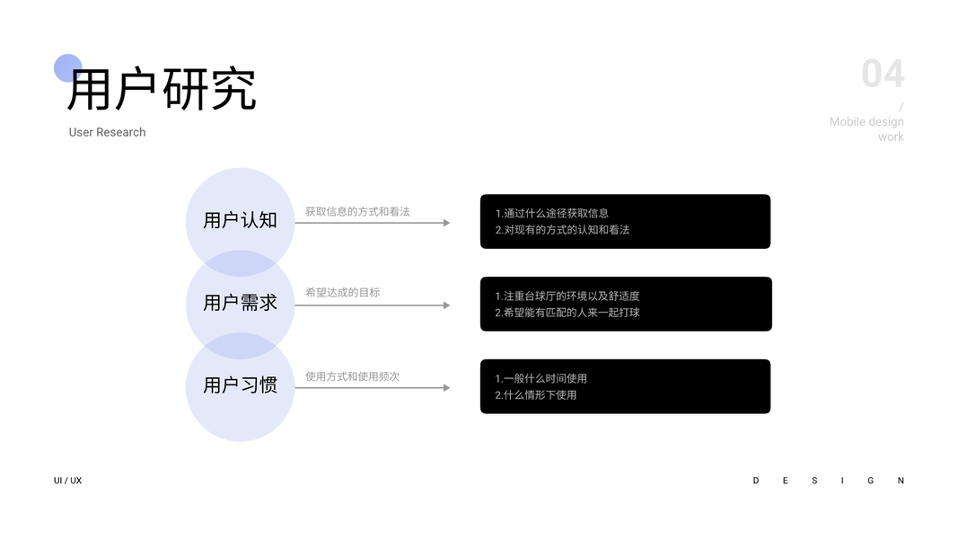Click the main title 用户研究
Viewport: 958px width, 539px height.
[162, 89]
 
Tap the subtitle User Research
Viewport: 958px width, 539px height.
[107, 132]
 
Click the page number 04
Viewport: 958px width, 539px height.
[883, 74]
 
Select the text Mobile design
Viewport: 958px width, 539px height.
[866, 122]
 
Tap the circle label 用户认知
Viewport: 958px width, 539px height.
[240, 220]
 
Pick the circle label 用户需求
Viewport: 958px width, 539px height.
[240, 303]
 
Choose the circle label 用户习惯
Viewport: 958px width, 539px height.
[240, 385]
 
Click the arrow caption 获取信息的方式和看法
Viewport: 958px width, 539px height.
[357, 212]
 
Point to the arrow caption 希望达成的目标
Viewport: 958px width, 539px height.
[342, 293]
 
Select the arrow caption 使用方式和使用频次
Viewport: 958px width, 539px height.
[352, 376]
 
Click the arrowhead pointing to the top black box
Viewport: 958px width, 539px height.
[446, 223]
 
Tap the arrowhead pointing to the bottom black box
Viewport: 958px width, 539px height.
[446, 388]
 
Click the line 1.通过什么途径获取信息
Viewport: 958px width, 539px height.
[551, 214]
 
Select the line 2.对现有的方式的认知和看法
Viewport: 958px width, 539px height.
[562, 230]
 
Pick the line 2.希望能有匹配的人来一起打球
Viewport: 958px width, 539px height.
[567, 313]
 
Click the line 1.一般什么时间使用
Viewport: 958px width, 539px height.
[541, 379]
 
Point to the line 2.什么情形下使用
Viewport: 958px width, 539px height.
[535, 395]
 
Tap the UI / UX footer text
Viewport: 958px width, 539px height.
[67, 481]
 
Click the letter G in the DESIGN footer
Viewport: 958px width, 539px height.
[870, 481]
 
